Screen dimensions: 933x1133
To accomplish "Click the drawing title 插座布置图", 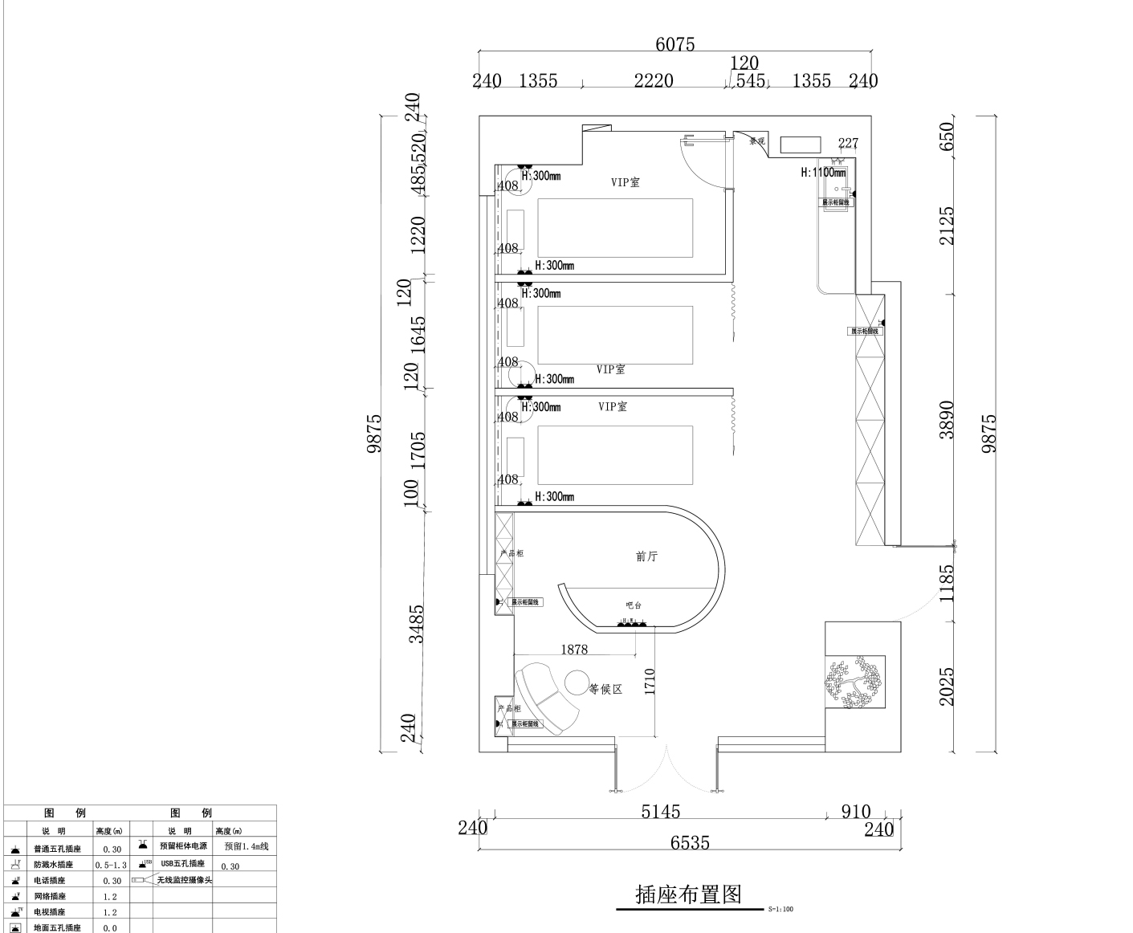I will pyautogui.click(x=688, y=894).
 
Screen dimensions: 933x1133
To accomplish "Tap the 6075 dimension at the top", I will pyautogui.click(x=675, y=44).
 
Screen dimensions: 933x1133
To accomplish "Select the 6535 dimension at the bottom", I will pyautogui.click(x=690, y=842).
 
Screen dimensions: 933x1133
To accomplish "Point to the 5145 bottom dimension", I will pyautogui.click(x=660, y=812).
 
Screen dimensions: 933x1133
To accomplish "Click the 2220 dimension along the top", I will pyautogui.click(x=653, y=80).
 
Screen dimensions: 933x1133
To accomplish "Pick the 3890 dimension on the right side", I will pyautogui.click(x=948, y=419).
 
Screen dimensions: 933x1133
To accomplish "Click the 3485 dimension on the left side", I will pyautogui.click(x=416, y=624).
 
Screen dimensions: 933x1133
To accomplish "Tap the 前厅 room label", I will pyautogui.click(x=646, y=556).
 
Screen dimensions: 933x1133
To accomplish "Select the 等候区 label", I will pyautogui.click(x=606, y=689).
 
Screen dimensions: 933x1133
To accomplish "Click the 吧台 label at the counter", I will pyautogui.click(x=634, y=605).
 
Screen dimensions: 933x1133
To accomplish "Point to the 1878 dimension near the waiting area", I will pyautogui.click(x=574, y=650).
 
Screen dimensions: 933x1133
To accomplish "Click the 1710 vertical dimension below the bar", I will pyautogui.click(x=650, y=682).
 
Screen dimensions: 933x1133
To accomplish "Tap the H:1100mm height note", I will pyautogui.click(x=823, y=173).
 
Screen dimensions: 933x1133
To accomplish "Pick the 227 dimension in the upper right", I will pyautogui.click(x=848, y=143).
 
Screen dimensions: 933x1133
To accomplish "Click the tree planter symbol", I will pyautogui.click(x=855, y=683).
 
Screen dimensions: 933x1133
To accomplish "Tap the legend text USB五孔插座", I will pyautogui.click(x=182, y=864).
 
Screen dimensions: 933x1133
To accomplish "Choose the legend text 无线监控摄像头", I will pyautogui.click(x=185, y=880).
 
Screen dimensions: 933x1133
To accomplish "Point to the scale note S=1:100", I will pyautogui.click(x=780, y=909).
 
